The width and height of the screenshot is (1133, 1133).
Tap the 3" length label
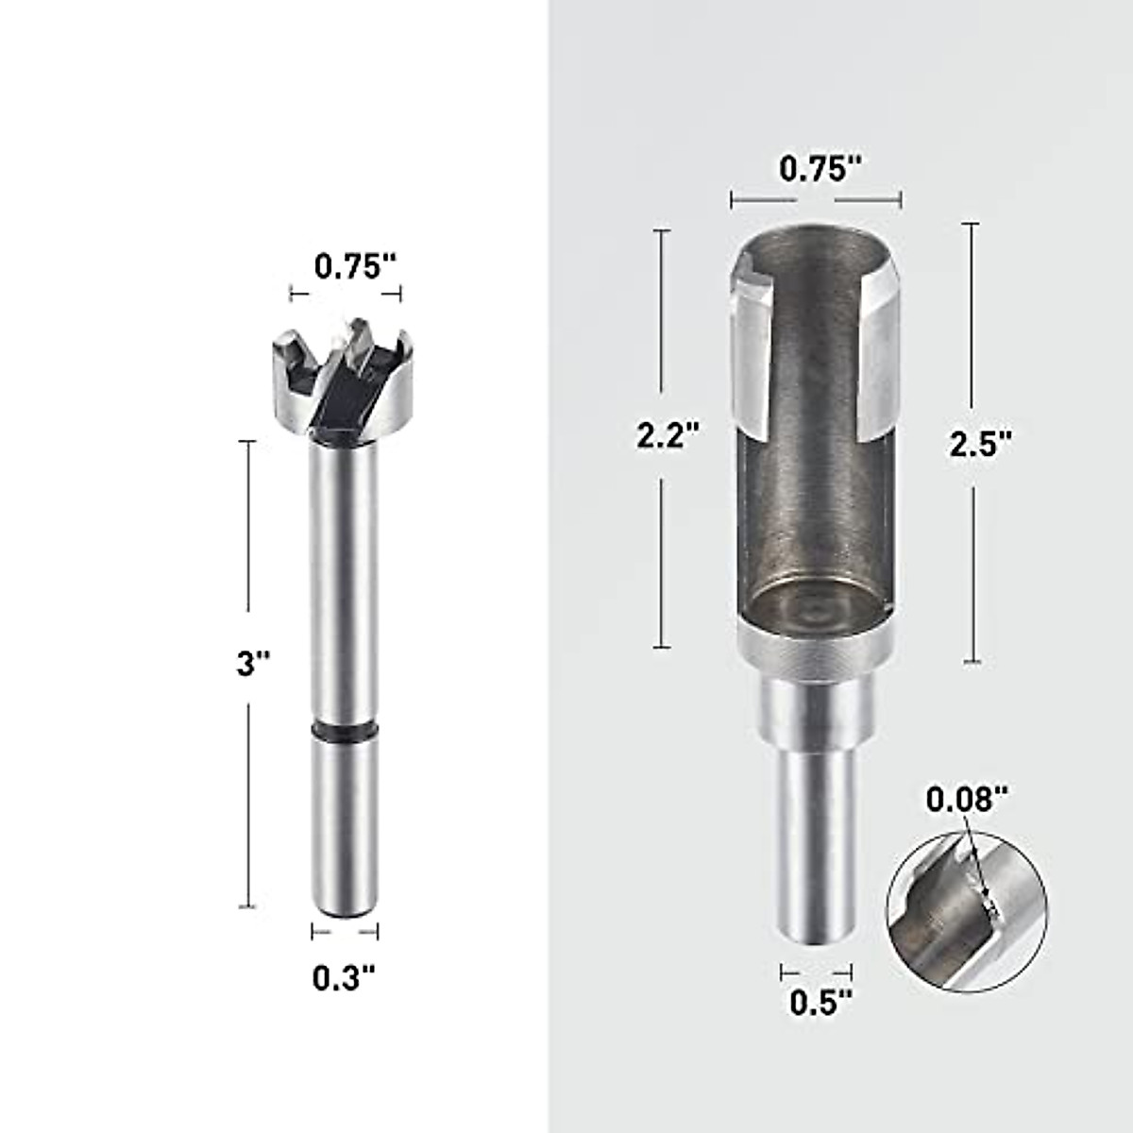[x=252, y=665]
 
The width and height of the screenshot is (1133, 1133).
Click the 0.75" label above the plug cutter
[x=820, y=169]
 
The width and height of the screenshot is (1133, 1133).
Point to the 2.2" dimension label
[x=668, y=435]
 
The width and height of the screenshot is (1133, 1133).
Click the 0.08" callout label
[x=961, y=800]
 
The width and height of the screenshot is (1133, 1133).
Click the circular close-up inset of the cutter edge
[x=967, y=912]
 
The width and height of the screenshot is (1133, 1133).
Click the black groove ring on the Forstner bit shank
[x=345, y=731]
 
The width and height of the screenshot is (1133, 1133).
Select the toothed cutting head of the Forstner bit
[x=345, y=382]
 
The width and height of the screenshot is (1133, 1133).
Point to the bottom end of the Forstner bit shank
[x=345, y=906]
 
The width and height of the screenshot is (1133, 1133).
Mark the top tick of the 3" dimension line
[x=249, y=441]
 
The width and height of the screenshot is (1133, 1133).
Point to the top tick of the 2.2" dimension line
[x=662, y=229]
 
